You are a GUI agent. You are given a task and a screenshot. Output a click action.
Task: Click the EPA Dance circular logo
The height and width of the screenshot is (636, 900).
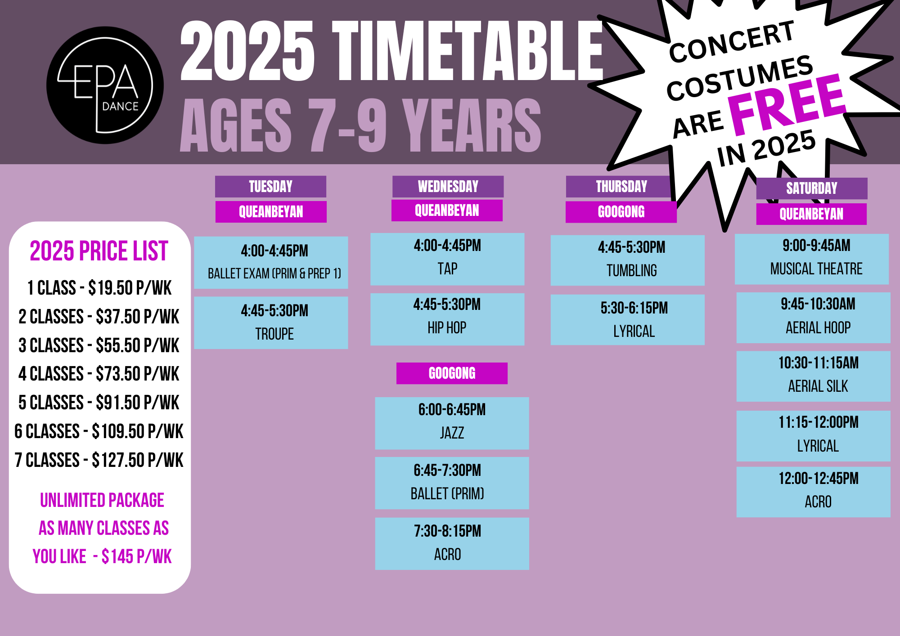105,85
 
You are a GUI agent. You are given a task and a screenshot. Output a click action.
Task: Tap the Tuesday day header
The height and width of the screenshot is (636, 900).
270,186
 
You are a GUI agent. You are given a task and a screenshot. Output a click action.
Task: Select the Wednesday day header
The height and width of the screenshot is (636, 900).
448,186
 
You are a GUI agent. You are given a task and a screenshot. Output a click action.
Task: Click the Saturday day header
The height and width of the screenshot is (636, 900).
812,188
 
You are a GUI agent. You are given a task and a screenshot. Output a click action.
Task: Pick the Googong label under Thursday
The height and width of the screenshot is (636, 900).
621,211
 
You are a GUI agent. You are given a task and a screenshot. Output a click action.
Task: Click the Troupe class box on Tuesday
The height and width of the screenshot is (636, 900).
271,322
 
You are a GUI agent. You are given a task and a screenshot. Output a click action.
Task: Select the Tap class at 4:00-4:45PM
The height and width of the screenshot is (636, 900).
447,259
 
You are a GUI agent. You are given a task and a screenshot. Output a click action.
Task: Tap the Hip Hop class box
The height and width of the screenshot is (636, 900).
447,319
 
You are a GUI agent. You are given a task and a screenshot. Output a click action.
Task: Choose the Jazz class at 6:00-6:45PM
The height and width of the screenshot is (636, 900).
452,423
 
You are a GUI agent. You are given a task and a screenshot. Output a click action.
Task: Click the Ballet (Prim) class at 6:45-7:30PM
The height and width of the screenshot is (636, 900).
452,483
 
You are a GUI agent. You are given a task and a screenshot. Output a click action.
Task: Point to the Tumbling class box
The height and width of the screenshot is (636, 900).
627,260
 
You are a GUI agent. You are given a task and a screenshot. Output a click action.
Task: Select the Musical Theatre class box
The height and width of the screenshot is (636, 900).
812,259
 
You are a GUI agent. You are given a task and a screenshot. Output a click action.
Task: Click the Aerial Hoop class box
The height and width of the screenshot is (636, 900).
814,318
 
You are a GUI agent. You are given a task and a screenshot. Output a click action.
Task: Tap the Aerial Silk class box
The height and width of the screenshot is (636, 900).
814,376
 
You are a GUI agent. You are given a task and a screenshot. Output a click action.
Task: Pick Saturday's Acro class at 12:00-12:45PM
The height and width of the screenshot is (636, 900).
814,492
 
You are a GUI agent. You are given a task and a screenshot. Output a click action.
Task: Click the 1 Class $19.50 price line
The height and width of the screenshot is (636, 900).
99,288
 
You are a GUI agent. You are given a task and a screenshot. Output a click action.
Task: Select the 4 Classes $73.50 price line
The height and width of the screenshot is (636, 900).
99,374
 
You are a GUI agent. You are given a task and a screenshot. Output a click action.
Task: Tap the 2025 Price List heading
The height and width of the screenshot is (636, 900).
99,251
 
